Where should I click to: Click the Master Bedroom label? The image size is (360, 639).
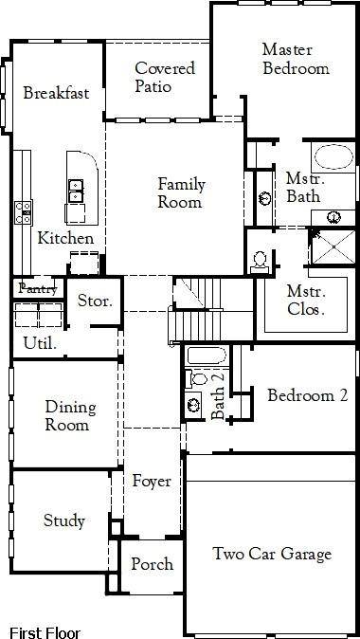(296, 58)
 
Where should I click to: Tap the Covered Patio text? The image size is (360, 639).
(165, 77)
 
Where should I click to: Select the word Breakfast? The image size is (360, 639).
(55, 93)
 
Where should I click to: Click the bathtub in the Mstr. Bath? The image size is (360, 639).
(331, 158)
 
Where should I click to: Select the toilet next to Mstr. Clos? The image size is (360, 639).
(260, 261)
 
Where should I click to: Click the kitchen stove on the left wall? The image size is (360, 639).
(23, 210)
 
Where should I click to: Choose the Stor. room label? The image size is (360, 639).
(95, 302)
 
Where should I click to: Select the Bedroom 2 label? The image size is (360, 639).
(306, 395)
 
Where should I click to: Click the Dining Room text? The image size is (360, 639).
(70, 416)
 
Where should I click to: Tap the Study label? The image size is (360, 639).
(64, 520)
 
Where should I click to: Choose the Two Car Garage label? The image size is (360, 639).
(272, 555)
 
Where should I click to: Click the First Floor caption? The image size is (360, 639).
(45, 632)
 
